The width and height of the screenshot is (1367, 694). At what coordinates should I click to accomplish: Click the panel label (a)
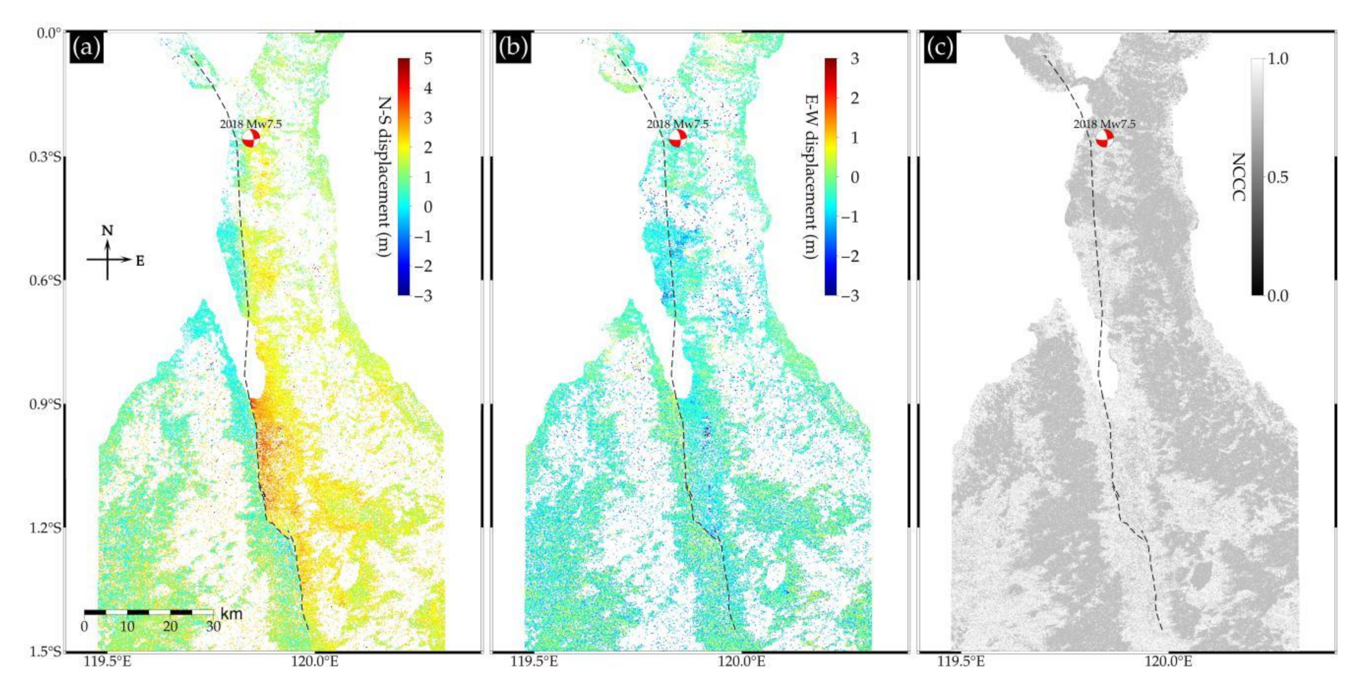[86, 48]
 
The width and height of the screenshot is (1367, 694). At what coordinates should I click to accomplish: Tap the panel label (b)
[513, 48]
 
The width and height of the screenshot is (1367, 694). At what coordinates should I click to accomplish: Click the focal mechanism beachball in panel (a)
[251, 139]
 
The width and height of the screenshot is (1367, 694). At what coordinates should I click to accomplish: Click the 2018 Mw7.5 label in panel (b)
[677, 125]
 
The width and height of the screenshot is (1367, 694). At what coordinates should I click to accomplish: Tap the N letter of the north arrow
[108, 231]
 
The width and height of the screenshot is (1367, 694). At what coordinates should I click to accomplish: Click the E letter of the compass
[140, 261]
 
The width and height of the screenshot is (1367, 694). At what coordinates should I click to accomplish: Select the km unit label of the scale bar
[231, 614]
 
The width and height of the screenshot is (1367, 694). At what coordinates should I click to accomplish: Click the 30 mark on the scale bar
[213, 626]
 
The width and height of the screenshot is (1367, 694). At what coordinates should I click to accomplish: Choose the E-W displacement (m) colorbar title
[810, 177]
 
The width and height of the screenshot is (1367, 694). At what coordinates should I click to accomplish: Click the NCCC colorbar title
[1238, 177]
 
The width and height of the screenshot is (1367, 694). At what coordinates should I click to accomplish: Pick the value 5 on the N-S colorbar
[428, 59]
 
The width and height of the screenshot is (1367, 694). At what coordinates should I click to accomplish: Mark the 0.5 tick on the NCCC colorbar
[1277, 177]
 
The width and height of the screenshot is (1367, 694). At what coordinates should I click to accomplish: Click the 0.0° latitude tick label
[49, 33]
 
